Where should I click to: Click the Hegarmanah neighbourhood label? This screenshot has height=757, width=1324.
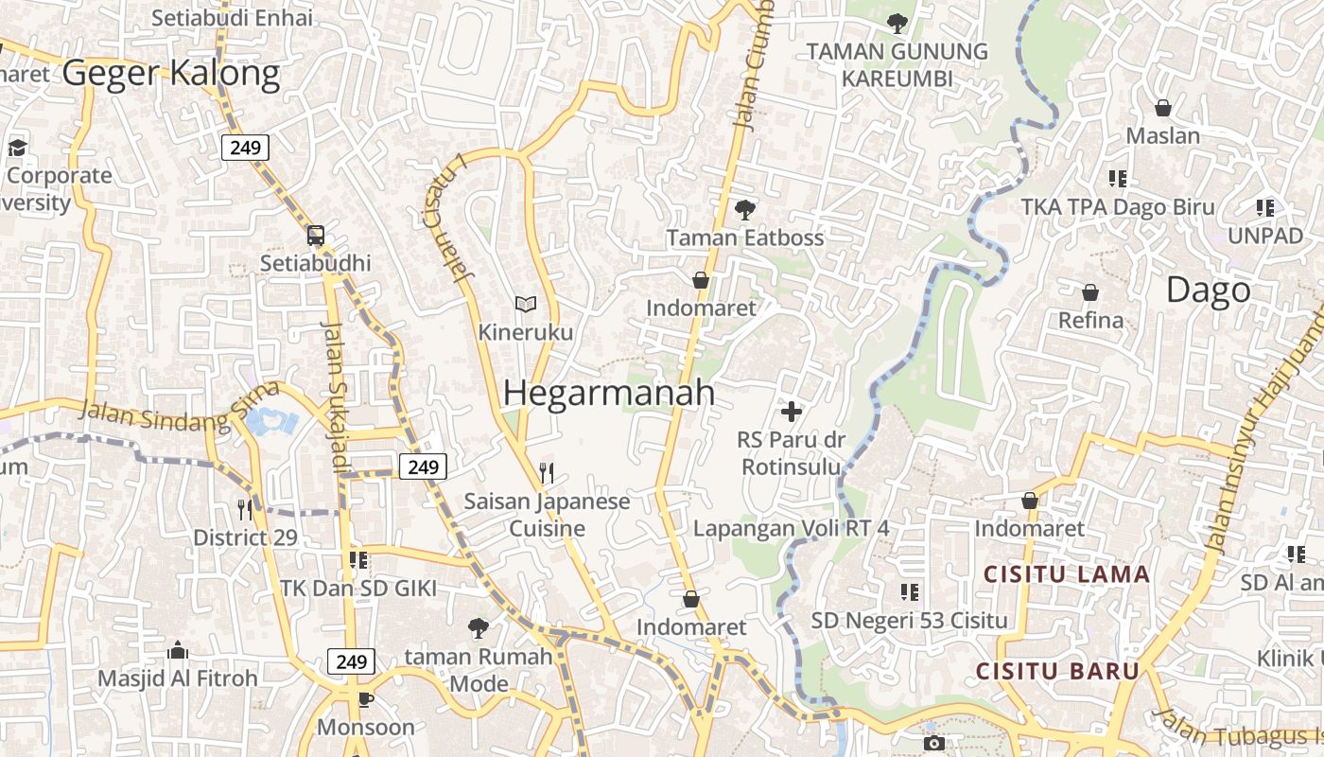pos(609,393)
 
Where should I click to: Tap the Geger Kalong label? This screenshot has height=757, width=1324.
pos(171,73)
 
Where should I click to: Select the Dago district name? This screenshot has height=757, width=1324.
pos(1208,290)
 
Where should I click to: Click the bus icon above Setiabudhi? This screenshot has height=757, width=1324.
pos(316,236)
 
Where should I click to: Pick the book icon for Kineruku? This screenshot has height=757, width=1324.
pos(525,304)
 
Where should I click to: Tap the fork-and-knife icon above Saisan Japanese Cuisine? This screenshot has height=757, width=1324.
pos(547,472)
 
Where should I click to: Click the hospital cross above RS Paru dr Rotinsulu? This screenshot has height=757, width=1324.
pos(792,412)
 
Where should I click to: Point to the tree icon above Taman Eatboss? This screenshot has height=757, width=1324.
pos(745,209)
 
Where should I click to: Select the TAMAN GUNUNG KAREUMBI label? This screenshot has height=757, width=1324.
pos(897,64)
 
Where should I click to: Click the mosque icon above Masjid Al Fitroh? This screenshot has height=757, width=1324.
pos(177,650)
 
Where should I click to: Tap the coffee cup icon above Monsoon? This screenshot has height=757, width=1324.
pos(365,699)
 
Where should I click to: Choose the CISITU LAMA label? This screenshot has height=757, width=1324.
pos(1067,574)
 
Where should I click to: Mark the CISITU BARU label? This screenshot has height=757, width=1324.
pos(1057,671)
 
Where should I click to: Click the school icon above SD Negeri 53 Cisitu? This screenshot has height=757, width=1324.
pos(910,592)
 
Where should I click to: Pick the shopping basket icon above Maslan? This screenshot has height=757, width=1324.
pos(1163,108)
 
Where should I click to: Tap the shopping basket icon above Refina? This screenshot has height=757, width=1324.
pos(1090,292)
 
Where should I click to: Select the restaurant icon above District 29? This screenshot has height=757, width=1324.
pos(245,509)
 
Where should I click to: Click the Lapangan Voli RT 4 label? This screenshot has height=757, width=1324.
pos(792,528)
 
